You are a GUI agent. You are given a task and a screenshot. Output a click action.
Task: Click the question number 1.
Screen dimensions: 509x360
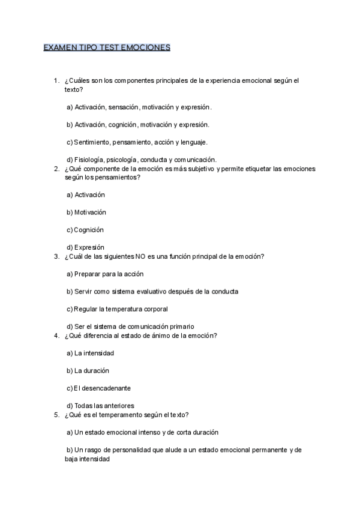(x=56, y=80)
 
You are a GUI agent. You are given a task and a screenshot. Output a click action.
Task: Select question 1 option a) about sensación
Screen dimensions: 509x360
(x=139, y=107)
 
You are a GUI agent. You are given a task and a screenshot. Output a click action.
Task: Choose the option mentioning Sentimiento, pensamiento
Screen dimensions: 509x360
(x=137, y=142)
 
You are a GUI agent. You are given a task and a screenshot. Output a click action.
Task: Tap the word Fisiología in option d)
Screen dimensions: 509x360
(x=89, y=160)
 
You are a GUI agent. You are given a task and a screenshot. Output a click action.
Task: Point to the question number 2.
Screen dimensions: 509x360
(x=56, y=169)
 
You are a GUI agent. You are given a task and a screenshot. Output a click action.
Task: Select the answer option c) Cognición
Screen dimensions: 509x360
(x=85, y=230)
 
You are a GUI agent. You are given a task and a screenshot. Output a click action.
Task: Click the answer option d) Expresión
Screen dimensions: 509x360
(x=85, y=247)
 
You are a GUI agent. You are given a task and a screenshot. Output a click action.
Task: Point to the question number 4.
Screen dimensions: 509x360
(x=56, y=336)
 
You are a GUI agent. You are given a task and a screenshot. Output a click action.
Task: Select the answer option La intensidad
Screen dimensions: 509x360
(x=90, y=353)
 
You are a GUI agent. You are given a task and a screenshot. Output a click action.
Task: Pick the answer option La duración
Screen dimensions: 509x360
(x=88, y=370)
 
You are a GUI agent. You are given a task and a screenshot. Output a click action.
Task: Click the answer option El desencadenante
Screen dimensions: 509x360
(x=98, y=388)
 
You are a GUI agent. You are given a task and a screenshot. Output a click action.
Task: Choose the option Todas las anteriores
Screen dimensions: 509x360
(x=100, y=406)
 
